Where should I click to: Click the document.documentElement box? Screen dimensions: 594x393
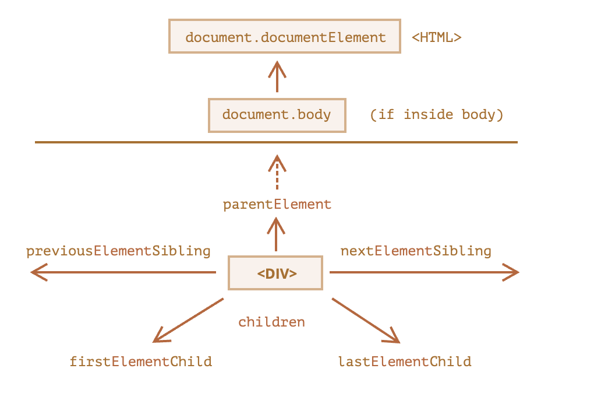tap(285, 36)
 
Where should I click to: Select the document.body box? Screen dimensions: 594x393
tap(277, 115)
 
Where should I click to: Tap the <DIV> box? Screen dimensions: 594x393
tap(275, 273)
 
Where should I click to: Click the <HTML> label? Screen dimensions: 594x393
tap(436, 37)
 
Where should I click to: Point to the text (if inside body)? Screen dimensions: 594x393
tap(436, 114)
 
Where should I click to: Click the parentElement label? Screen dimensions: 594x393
tap(277, 205)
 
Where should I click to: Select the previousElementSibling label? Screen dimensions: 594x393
tap(118, 251)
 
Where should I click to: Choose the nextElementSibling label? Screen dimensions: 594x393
tap(416, 251)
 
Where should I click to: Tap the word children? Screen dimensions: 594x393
tap(271, 322)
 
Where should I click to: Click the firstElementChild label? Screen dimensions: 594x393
tap(141, 362)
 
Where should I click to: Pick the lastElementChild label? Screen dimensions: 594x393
tap(405, 362)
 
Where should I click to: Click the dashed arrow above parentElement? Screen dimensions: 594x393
tap(277, 172)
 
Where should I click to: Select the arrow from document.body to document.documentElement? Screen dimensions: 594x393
tap(277, 76)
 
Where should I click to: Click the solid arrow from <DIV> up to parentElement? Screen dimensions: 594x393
tap(276, 234)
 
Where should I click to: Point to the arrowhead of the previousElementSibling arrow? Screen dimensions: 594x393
tap(38, 272)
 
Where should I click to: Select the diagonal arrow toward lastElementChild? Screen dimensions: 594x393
tap(366, 321)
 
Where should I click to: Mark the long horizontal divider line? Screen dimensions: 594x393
tap(276, 142)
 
